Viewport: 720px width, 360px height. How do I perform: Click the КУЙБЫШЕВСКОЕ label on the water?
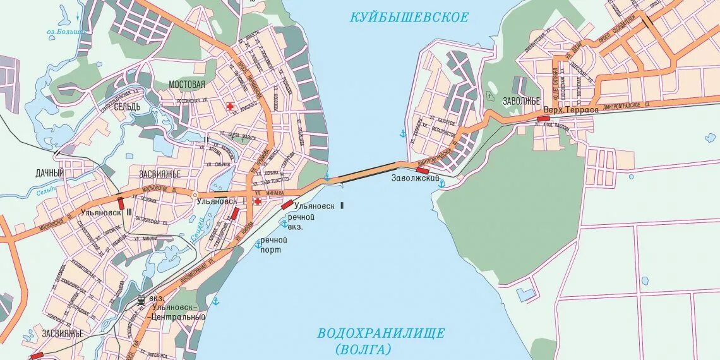pos(409,17)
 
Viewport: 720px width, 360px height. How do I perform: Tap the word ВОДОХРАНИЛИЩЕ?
pos(381,333)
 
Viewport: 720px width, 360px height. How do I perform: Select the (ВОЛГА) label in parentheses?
pos(364,349)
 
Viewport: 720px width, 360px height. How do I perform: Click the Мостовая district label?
pos(187,85)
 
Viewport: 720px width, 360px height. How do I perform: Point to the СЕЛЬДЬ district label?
pos(127,107)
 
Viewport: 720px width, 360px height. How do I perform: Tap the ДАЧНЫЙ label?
pos(49,172)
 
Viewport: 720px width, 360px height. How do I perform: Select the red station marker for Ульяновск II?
pos(287,204)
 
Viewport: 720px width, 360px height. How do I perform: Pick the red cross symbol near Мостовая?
pos(231,106)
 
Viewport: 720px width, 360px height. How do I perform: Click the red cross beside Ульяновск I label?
pos(257,201)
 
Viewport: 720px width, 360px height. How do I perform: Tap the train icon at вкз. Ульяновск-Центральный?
pos(141,299)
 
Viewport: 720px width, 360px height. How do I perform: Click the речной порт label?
pos(274,244)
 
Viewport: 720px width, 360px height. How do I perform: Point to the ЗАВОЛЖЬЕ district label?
pos(522,101)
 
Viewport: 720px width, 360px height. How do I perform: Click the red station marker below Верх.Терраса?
pos(543,118)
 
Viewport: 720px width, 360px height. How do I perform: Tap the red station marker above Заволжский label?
pos(423,170)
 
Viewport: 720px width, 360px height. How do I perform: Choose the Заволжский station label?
pos(415,179)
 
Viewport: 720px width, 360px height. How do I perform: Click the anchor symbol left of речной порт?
pos(258,244)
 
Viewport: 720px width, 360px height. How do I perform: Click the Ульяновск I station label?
pos(217,201)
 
